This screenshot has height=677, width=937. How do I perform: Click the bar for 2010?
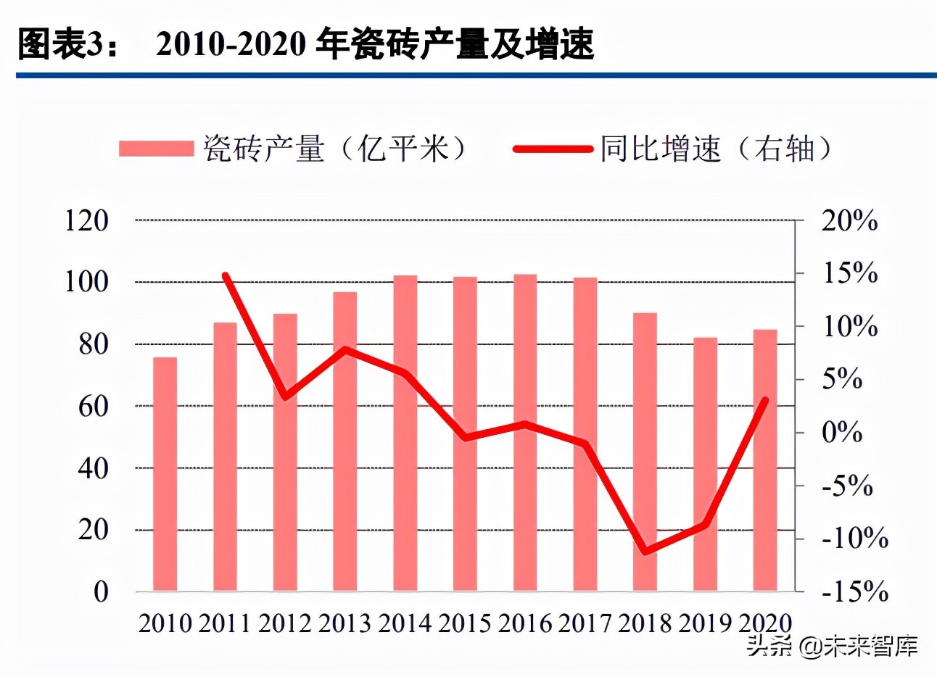(x=165, y=474)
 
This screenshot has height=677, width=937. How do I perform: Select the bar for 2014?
(x=405, y=433)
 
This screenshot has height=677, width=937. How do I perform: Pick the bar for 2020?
(x=765, y=460)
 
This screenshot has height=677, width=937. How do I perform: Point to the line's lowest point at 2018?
(x=645, y=552)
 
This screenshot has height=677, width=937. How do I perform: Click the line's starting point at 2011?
(x=226, y=276)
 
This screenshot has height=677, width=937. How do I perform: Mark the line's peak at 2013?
(x=345, y=349)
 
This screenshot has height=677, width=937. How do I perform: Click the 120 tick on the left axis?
(x=87, y=220)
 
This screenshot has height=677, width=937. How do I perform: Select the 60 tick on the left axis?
(x=94, y=406)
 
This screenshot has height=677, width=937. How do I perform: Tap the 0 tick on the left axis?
(x=101, y=591)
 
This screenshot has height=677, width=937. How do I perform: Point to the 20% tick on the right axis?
(x=849, y=220)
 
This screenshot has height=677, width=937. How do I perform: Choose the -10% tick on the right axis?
(x=854, y=539)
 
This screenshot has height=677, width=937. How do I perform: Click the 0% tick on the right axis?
(x=841, y=433)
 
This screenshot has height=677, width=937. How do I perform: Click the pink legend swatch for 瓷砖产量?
(x=157, y=149)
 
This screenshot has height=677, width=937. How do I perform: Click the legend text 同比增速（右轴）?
(x=714, y=149)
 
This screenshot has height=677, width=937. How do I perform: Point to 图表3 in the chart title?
(x=61, y=44)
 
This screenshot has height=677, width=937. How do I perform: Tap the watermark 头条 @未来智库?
(x=833, y=646)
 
